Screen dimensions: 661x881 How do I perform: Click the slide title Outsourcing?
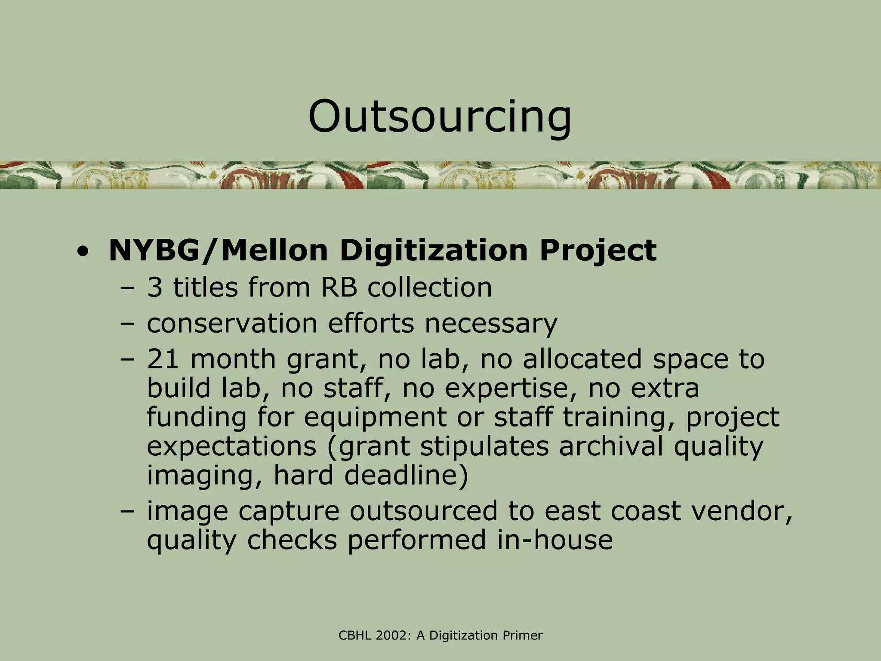tap(440, 117)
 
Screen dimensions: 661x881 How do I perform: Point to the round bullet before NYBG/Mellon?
tap(82, 252)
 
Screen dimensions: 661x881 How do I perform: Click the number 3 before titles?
tap(155, 287)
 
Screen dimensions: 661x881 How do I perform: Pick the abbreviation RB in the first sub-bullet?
tap(339, 287)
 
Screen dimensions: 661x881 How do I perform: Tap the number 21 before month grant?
tap(163, 359)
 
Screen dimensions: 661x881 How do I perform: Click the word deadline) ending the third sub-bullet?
tap(406, 476)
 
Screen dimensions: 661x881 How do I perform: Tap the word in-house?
tap(555, 540)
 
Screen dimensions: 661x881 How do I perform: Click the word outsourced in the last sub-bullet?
tap(423, 511)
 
